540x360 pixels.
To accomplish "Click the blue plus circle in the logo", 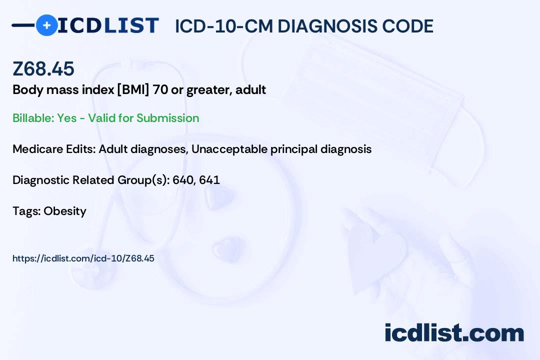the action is pos(46,25).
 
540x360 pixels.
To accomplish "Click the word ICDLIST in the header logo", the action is pos(108,25).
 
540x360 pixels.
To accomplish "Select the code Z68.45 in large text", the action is pos(43,68).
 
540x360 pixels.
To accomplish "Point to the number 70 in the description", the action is pos(160,90).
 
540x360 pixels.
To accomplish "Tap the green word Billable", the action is pos(33,118).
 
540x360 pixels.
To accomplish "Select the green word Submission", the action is pos(167,118).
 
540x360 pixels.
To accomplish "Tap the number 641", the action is pos(209,180).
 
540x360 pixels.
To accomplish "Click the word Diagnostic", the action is pos(41,180).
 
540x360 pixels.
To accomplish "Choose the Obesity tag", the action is pos(65,211).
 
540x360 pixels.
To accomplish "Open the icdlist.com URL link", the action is pos(83,258).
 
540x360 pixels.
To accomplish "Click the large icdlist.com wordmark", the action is pos(454,333).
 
